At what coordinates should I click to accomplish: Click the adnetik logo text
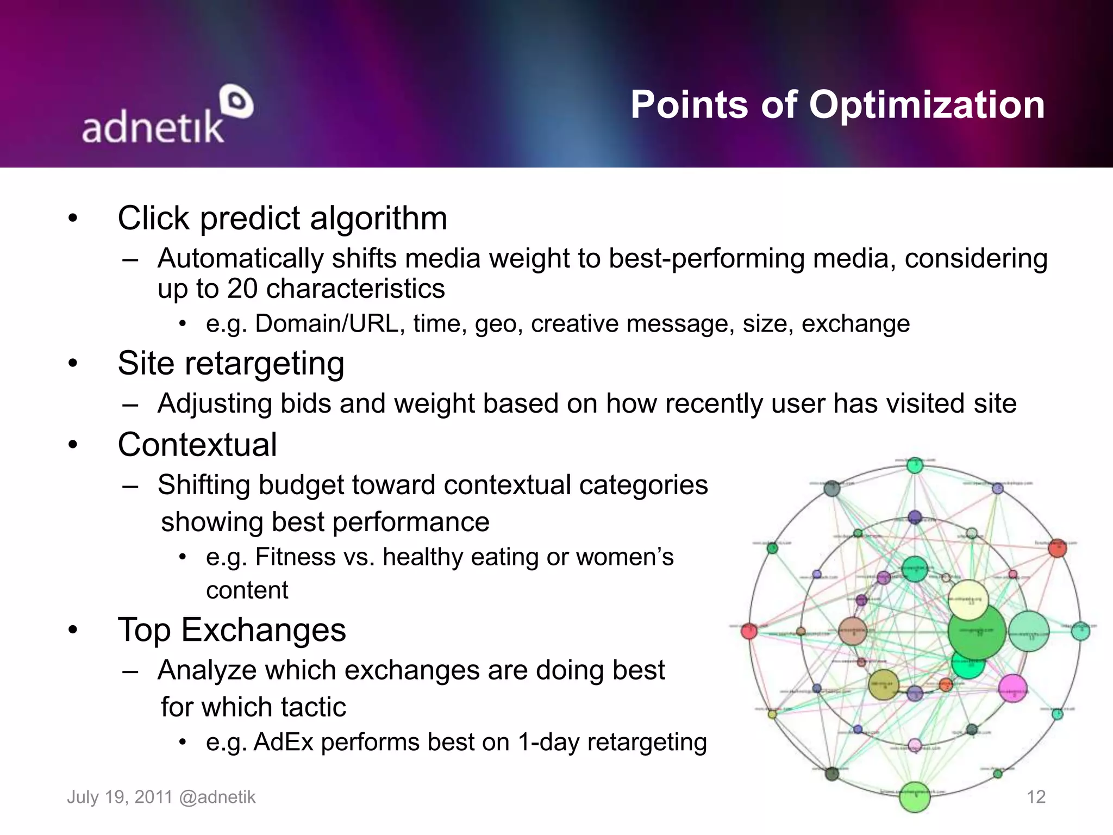(153, 127)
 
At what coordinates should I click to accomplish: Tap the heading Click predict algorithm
(282, 219)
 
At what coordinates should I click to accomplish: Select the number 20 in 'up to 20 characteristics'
(242, 289)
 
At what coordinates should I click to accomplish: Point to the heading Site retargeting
(231, 363)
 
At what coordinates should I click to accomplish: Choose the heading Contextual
(197, 445)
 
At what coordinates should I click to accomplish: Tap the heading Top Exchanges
(232, 630)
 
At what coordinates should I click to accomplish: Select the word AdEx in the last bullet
(283, 743)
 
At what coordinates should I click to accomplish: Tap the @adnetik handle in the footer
(217, 797)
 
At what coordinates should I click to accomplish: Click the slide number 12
(1036, 797)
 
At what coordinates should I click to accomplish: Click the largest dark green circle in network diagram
(977, 632)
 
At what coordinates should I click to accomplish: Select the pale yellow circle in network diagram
(968, 600)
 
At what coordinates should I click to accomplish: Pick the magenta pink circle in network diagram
(1013, 688)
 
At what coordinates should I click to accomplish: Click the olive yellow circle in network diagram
(883, 684)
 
